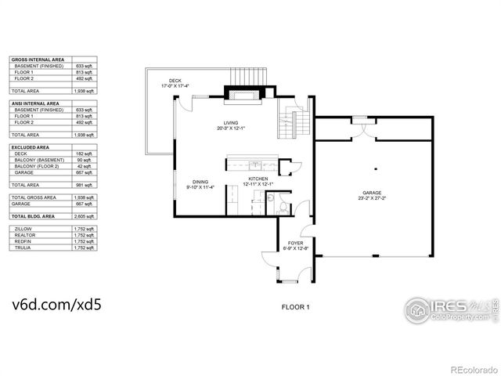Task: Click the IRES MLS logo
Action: (x=451, y=309)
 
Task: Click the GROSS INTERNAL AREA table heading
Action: (x=36, y=60)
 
